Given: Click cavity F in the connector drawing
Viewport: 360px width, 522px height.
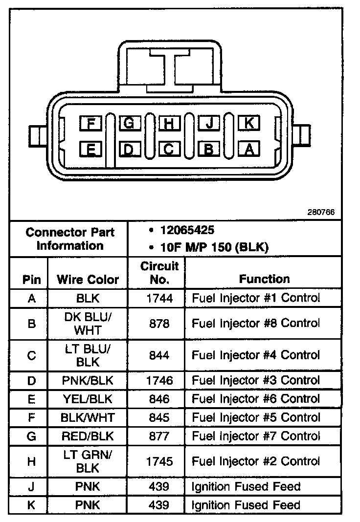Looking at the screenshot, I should pyautogui.click(x=90, y=124).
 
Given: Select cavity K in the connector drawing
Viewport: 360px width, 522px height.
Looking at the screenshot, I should pyautogui.click(x=248, y=123).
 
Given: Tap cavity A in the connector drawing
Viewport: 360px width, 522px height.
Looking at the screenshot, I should pyautogui.click(x=248, y=149).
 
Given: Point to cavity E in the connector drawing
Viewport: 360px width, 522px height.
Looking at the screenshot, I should pyautogui.click(x=90, y=149).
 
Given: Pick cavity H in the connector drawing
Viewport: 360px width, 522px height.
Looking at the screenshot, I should pyautogui.click(x=169, y=124).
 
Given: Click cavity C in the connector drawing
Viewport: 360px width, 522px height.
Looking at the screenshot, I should pyautogui.click(x=169, y=149).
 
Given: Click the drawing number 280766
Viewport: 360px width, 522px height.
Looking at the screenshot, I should pyautogui.click(x=321, y=213).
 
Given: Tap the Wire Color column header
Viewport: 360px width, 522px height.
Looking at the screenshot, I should pyautogui.click(x=88, y=280).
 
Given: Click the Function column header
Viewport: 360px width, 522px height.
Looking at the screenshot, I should pyautogui.click(x=264, y=279).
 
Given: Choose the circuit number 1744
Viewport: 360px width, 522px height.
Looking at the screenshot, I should pyautogui.click(x=159, y=298).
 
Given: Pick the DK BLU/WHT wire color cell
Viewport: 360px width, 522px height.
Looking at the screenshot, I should pyautogui.click(x=88, y=323).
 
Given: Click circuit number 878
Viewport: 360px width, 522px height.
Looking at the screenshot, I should pyautogui.click(x=159, y=323).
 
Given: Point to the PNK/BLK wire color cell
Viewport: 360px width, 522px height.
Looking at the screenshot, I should pyautogui.click(x=88, y=380).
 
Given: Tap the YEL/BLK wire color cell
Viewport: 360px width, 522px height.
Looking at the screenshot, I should pyautogui.click(x=88, y=399).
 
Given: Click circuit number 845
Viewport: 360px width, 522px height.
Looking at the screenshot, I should pyautogui.click(x=159, y=417).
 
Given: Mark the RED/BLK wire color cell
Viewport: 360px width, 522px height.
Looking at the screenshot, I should pyautogui.click(x=88, y=435).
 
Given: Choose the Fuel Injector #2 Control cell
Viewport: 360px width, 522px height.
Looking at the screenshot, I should pyautogui.click(x=256, y=461).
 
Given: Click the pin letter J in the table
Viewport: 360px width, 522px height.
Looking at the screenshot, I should pyautogui.click(x=31, y=487).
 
